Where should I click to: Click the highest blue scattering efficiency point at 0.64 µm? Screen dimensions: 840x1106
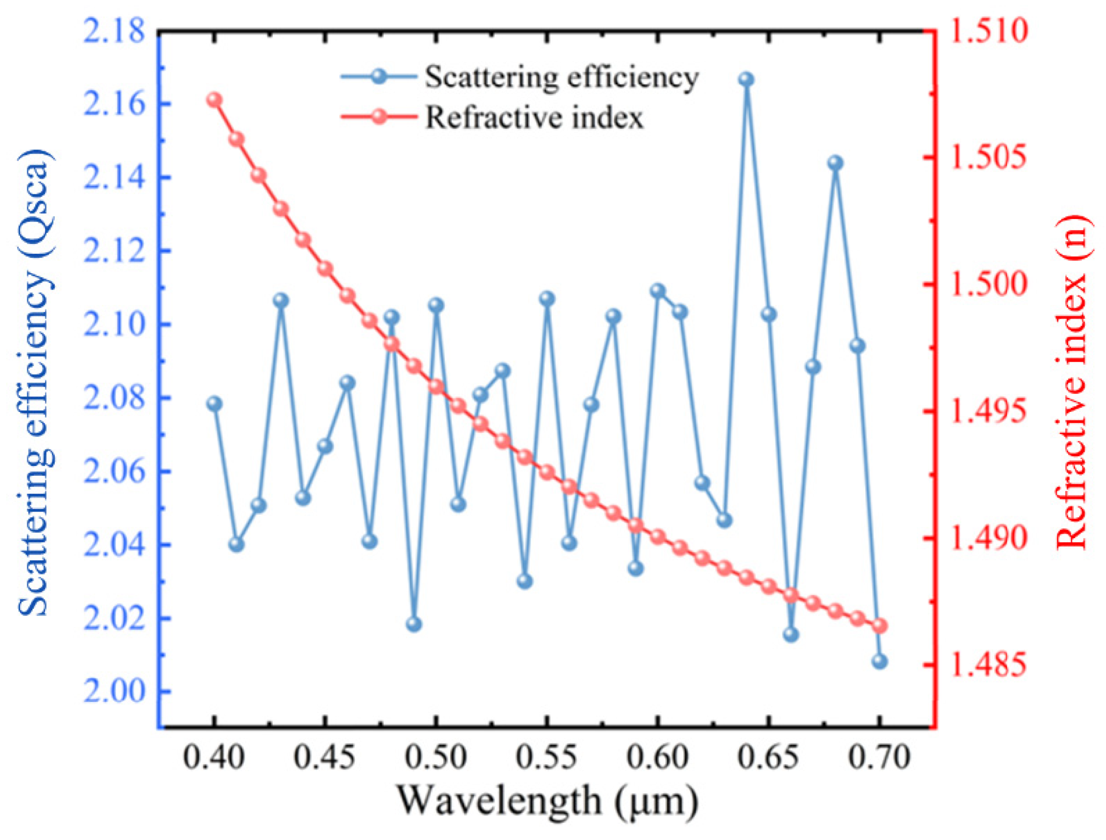click(746, 79)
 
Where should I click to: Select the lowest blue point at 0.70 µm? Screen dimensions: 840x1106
click(879, 661)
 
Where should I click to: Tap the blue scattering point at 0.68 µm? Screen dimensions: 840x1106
click(835, 163)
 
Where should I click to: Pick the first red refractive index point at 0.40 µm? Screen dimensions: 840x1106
click(214, 100)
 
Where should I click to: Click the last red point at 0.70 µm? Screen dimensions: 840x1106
click(879, 626)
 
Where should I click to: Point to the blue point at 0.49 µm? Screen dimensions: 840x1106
click(414, 624)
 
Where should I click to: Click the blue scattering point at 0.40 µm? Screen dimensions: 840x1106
click(214, 404)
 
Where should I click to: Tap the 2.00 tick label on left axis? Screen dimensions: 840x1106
click(114, 691)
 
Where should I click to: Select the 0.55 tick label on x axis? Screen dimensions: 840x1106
click(547, 758)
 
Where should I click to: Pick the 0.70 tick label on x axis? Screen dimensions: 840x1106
click(879, 758)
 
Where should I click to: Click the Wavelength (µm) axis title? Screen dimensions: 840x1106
click(547, 801)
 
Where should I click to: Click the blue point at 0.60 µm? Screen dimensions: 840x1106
click(658, 291)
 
